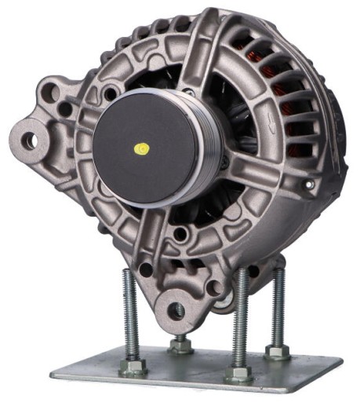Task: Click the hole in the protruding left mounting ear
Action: (29, 141)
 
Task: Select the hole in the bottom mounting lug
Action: (178, 311)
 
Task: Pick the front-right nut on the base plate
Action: (238, 371)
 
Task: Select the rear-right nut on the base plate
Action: (276, 350)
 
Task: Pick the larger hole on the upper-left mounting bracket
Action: (55, 92)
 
